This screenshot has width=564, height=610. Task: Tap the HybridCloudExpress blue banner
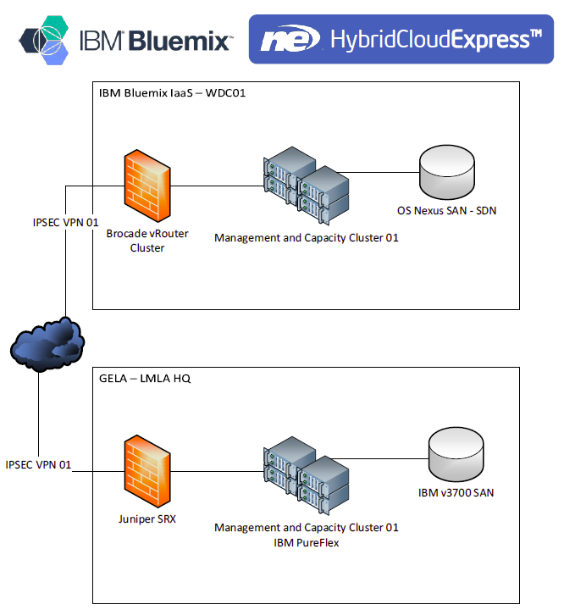pyautogui.click(x=401, y=39)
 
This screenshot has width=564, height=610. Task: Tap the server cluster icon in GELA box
pyautogui.click(x=306, y=473)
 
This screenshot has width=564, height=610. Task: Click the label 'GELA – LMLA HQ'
pyautogui.click(x=145, y=378)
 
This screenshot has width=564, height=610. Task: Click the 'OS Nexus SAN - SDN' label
pyautogui.click(x=446, y=211)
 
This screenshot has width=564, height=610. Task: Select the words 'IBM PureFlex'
pyautogui.click(x=306, y=542)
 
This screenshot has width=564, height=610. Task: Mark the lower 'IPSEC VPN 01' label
pyautogui.click(x=38, y=464)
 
